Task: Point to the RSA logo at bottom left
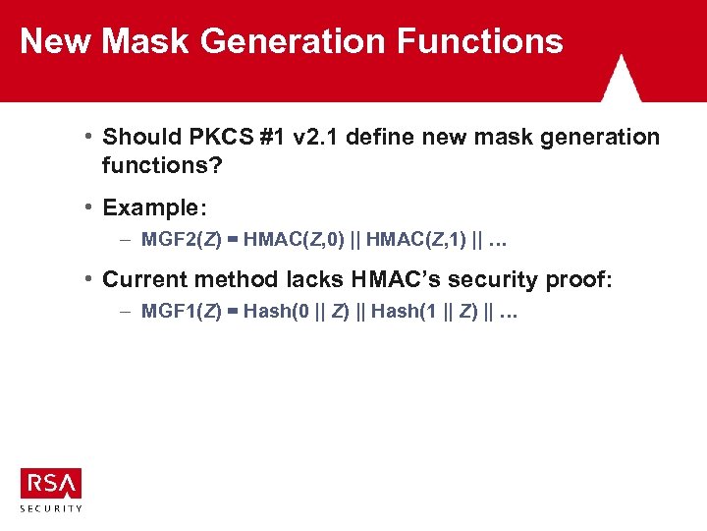coord(50,483)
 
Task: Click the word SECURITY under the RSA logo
coord(50,508)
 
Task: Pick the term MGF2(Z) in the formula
coord(179,239)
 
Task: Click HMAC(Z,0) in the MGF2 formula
coord(293,239)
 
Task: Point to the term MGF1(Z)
coord(179,312)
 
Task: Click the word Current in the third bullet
coord(148,280)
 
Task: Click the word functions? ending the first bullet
coord(162,165)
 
